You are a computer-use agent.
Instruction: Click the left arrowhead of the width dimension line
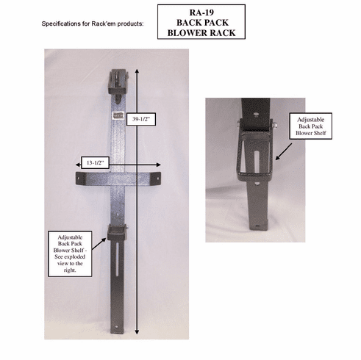(x=79, y=165)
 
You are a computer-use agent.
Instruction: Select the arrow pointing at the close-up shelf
(x=283, y=151)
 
